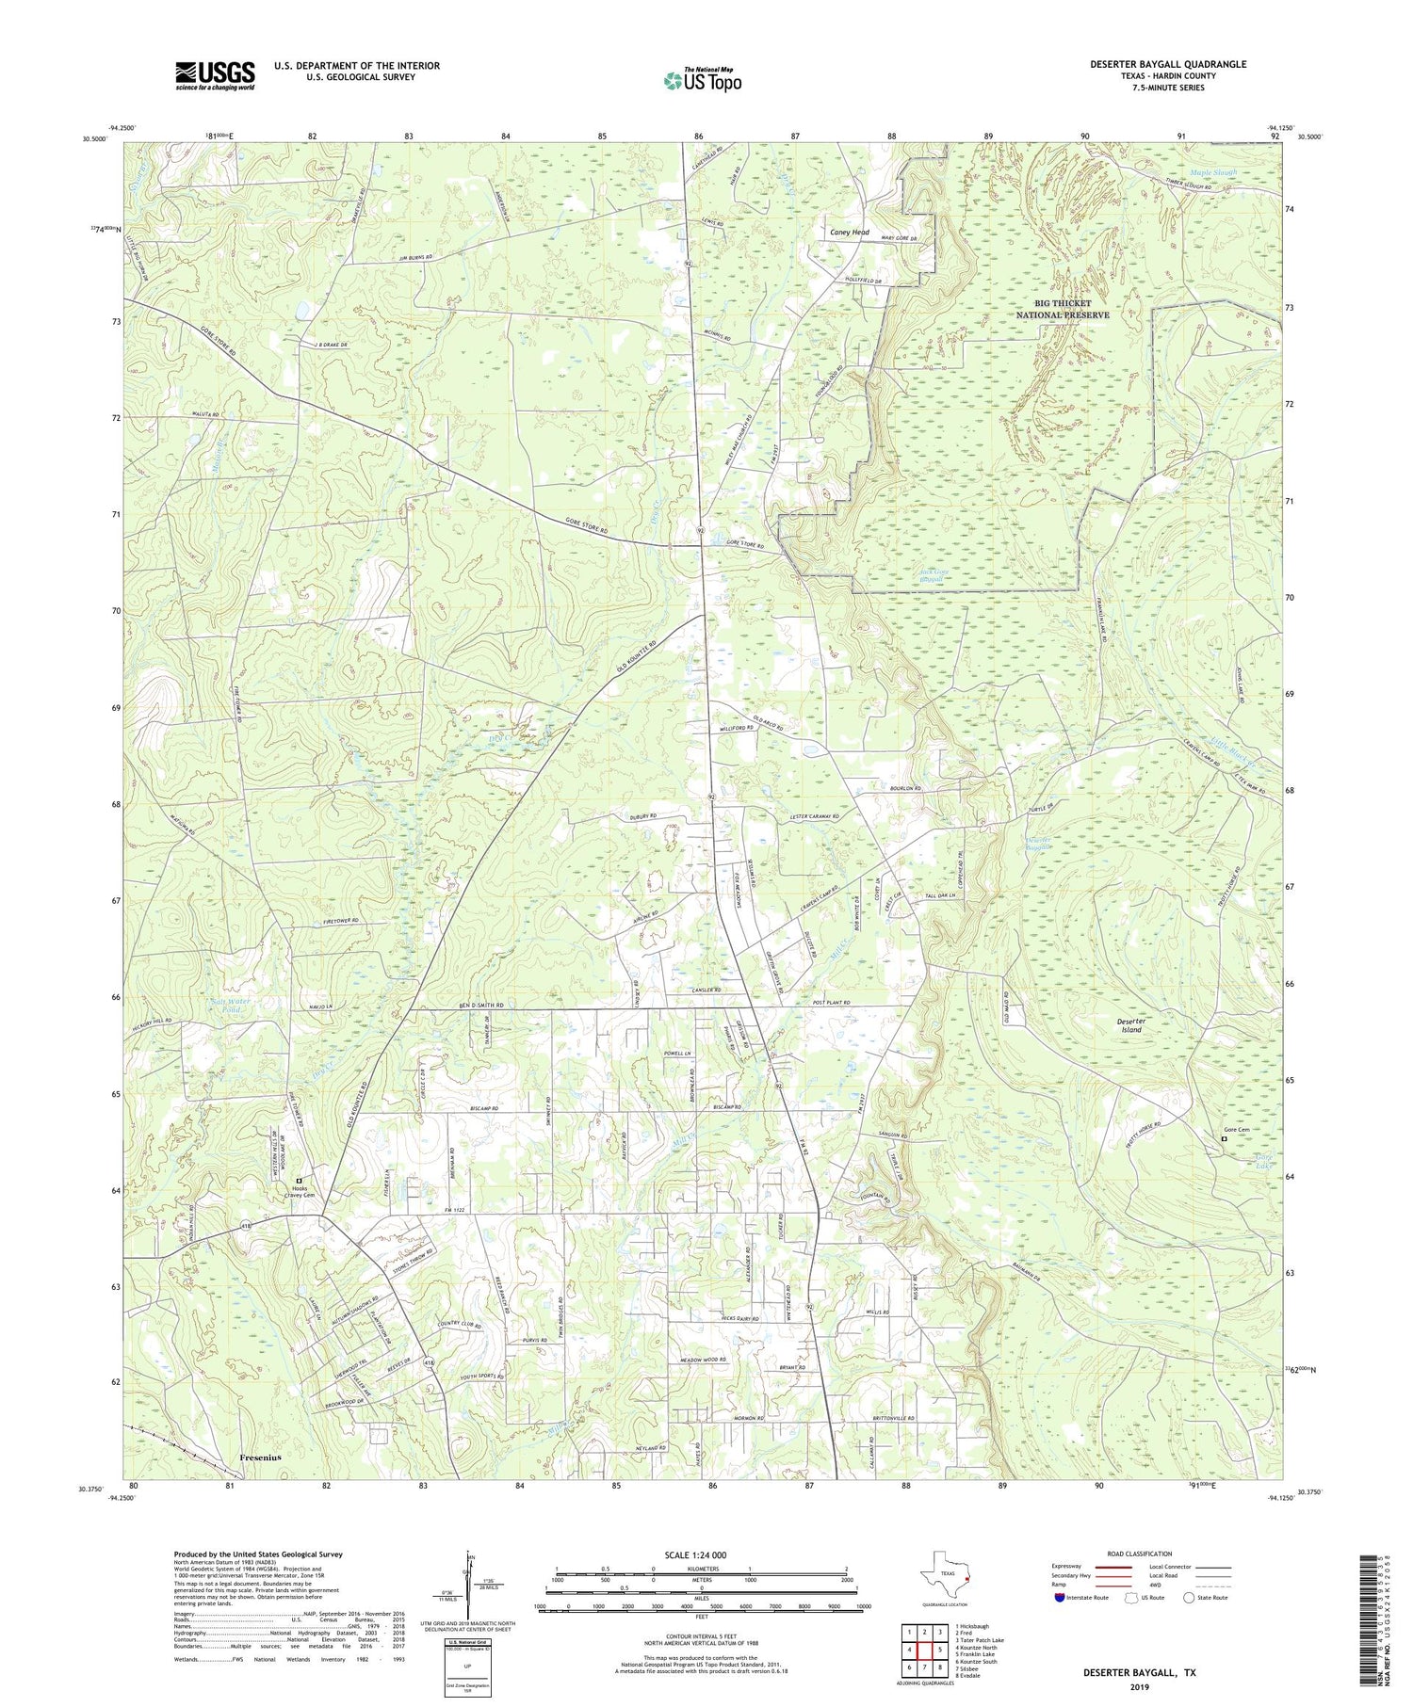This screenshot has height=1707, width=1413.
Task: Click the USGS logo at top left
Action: (x=215, y=75)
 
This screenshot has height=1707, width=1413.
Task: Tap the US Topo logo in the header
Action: (x=702, y=80)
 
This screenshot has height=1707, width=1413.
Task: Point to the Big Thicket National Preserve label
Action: (x=1062, y=309)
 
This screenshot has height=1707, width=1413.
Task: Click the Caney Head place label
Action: (x=849, y=233)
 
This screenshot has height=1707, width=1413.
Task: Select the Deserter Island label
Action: (x=1130, y=1024)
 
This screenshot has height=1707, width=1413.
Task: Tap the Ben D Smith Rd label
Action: (x=482, y=1006)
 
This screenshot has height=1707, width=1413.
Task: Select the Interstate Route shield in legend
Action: (x=1062, y=1597)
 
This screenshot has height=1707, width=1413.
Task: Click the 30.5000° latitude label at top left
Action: (x=94, y=138)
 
